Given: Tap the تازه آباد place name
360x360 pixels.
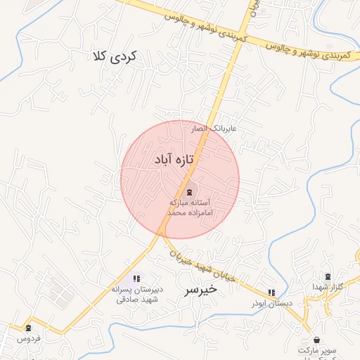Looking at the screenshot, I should click(173, 160).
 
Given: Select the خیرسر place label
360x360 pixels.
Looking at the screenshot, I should click(200, 290).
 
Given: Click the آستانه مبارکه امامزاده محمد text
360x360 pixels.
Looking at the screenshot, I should click(190, 206).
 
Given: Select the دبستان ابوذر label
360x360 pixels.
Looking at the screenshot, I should click(271, 303).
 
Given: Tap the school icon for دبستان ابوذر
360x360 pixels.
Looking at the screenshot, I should click(271, 292).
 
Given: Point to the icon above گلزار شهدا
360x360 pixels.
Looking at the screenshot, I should click(328, 276).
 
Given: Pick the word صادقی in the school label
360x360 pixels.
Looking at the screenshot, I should click(128, 299).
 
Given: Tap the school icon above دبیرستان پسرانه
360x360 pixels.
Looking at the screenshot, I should click(136, 279).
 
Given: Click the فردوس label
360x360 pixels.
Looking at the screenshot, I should click(28, 338).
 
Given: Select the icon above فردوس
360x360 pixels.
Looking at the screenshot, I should click(28, 328).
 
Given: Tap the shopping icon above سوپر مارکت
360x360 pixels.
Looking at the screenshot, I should click(316, 339).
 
